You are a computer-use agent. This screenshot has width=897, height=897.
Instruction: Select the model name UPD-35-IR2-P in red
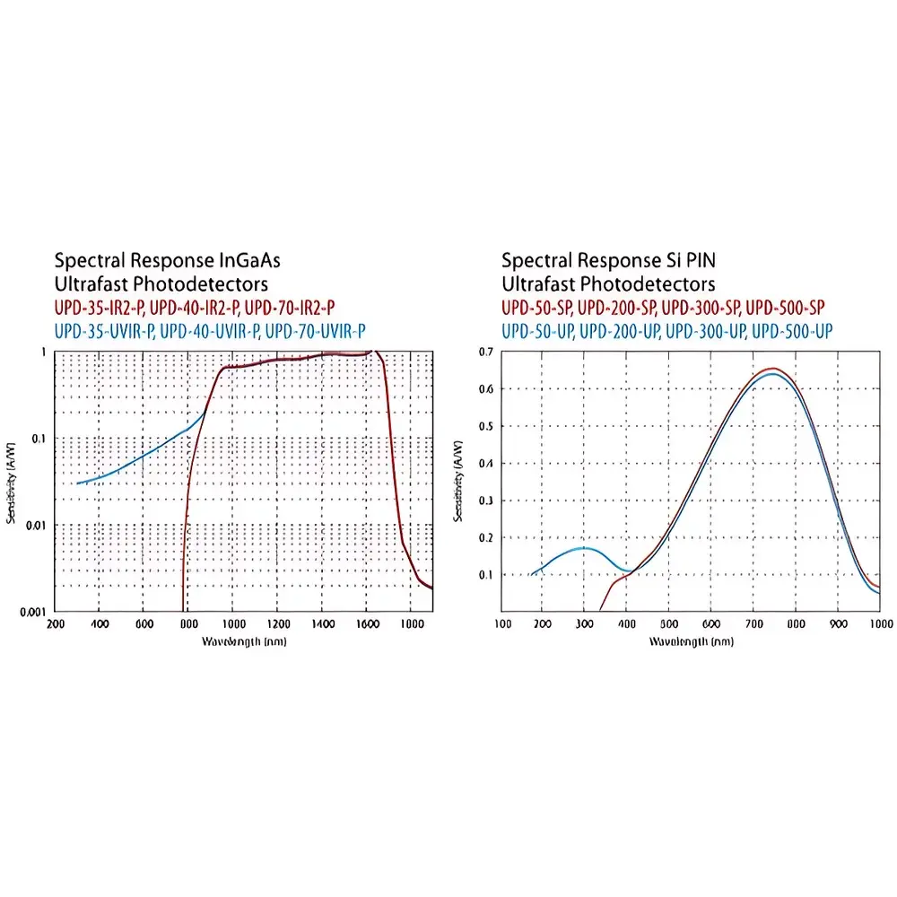pos(99,308)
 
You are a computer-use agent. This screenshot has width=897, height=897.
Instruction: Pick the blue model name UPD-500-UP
pos(791,330)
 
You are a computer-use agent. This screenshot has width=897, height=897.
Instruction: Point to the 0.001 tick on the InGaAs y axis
pos(33,611)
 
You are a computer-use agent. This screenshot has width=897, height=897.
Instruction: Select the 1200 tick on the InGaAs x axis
pos(278,623)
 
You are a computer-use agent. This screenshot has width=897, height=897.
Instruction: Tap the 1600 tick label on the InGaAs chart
pos(367,623)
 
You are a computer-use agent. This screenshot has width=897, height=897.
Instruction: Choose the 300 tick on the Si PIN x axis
pos(584,623)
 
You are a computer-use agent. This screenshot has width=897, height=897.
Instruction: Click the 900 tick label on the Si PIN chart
pos(837,623)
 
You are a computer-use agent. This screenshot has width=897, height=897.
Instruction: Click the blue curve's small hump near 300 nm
pos(584,547)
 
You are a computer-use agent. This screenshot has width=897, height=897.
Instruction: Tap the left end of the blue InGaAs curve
pos(78,483)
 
